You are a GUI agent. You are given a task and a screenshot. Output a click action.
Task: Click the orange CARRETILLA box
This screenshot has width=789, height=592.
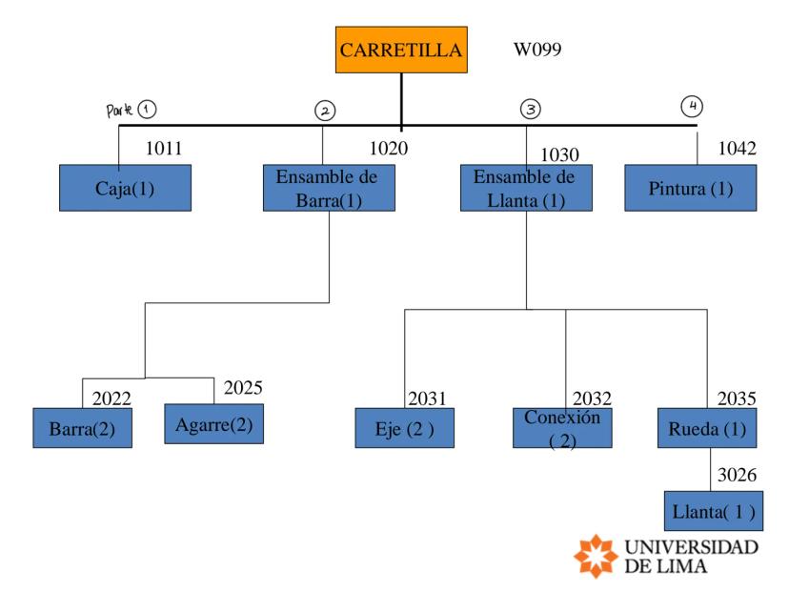(401, 51)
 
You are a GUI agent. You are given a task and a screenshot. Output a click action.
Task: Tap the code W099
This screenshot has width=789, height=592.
(538, 50)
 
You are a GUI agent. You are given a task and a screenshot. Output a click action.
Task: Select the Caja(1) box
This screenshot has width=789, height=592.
(125, 188)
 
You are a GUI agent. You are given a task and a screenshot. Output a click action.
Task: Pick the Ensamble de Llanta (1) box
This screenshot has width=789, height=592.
(526, 188)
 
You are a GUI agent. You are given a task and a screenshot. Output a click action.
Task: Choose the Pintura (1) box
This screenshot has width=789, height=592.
(691, 188)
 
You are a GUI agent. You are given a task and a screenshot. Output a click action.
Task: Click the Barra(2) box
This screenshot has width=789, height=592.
(82, 428)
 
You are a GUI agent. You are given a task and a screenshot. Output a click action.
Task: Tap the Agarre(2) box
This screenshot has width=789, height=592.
(213, 424)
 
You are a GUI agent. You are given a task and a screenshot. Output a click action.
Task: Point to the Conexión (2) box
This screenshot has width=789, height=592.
(562, 428)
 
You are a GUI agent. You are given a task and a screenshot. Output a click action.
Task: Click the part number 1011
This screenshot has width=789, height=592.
(163, 149)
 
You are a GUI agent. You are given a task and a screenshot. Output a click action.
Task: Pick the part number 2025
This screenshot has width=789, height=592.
(242, 388)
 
